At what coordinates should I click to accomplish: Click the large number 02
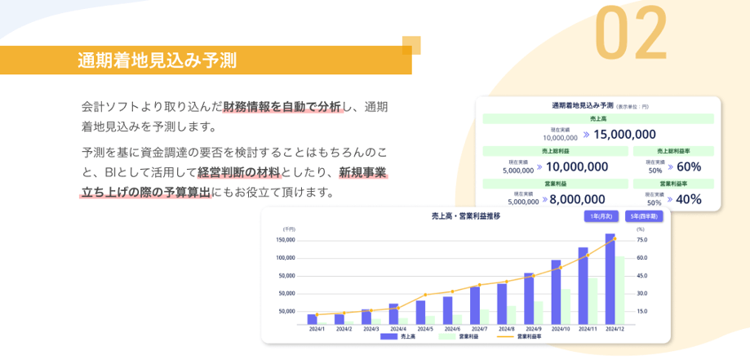pyautogui.click(x=631, y=33)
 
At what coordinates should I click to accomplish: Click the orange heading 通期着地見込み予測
pyautogui.click(x=157, y=60)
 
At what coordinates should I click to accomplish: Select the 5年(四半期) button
pyautogui.click(x=644, y=216)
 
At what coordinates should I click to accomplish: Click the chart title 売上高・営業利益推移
pyautogui.click(x=466, y=216)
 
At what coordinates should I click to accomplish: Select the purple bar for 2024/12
pyautogui.click(x=610, y=278)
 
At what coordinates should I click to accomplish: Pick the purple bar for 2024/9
pyautogui.click(x=529, y=298)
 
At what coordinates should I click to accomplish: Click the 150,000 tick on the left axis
pyautogui.click(x=286, y=240)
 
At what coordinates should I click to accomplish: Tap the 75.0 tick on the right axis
pyautogui.click(x=641, y=240)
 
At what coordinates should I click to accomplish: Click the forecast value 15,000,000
pyautogui.click(x=624, y=135)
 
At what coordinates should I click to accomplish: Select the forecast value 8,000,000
pyautogui.click(x=577, y=198)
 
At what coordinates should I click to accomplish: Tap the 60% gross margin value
pyautogui.click(x=689, y=167)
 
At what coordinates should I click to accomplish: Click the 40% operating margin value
pyautogui.click(x=689, y=198)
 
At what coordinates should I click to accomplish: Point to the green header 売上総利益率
pyautogui.click(x=673, y=151)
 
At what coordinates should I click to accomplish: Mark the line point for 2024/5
pyautogui.click(x=425, y=295)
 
